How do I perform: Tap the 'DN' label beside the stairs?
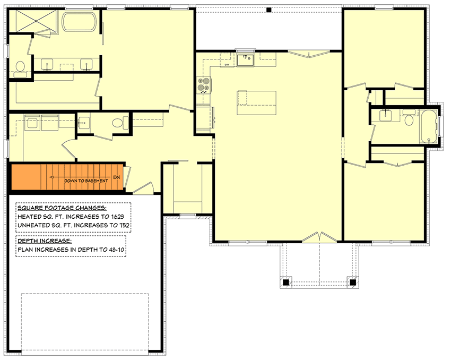click(x=117, y=177)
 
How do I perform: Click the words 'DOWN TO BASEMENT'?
click(x=86, y=181)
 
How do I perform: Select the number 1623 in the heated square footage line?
click(x=120, y=217)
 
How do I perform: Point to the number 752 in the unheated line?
click(x=123, y=225)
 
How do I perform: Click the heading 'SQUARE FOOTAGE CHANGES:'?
click(x=62, y=208)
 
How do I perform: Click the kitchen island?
click(x=257, y=102)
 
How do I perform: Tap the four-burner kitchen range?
click(x=204, y=85)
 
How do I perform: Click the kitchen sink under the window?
click(x=245, y=59)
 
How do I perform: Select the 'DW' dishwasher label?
click(x=227, y=65)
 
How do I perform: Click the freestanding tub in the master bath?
click(x=80, y=22)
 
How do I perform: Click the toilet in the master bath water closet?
click(x=20, y=67)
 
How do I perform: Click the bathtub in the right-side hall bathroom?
click(x=429, y=126)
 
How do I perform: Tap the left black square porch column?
click(x=286, y=282)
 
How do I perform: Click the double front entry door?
click(x=320, y=237)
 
